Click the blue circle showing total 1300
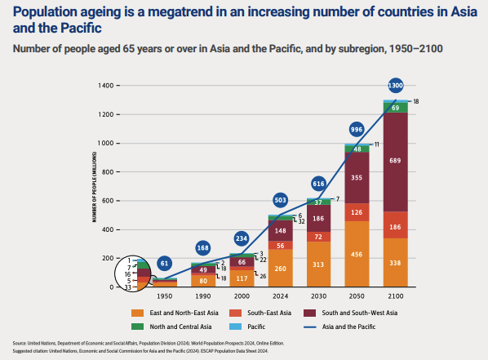[395, 86]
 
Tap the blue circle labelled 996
[356, 130]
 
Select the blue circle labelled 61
[165, 264]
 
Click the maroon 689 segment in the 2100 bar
[395, 162]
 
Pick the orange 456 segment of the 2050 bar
[356, 254]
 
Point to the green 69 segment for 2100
[395, 107]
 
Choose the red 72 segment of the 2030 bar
[318, 236]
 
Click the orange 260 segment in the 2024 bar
[280, 269]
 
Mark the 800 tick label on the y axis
[107, 172]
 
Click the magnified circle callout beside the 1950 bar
[135, 273]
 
